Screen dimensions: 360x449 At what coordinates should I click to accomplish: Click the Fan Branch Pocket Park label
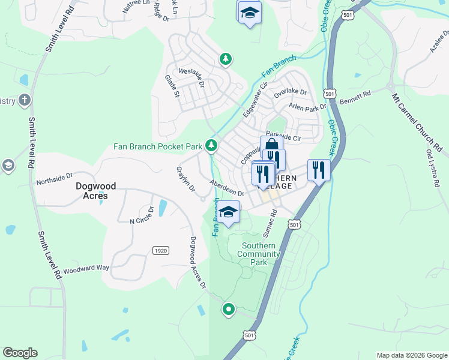158,146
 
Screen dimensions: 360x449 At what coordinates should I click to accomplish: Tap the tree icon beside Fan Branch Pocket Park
211,145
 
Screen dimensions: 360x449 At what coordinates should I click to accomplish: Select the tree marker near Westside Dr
225,59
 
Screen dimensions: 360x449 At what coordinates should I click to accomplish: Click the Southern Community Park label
259,254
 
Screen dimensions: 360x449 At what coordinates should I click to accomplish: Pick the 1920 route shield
160,250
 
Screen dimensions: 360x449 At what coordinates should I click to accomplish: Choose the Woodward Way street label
86,269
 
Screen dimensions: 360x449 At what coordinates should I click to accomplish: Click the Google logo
20,353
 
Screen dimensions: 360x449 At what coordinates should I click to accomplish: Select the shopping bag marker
271,146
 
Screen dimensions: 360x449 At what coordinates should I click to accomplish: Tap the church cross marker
25,100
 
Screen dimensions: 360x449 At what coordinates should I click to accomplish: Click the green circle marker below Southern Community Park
228,310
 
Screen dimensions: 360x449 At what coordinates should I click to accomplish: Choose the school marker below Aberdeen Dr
228,212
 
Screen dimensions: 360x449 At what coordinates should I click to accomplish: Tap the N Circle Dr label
142,218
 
